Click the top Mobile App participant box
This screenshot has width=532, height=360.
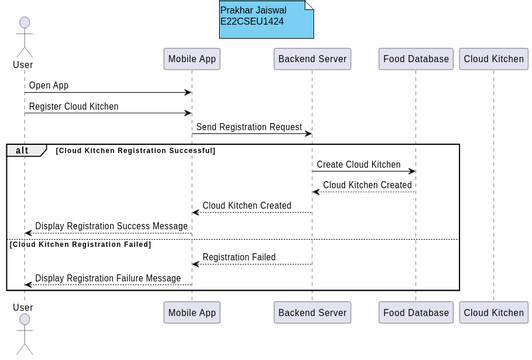192,59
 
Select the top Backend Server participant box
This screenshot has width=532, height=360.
312,59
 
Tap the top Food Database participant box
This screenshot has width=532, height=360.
416,59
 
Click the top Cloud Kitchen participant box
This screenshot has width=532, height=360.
493,59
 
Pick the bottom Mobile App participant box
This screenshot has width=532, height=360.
192,313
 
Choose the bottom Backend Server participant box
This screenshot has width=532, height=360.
312,313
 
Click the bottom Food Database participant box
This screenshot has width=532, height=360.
416,313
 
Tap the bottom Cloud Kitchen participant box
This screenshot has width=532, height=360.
493,313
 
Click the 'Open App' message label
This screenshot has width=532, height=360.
49,86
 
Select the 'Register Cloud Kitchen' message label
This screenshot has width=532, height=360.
74,106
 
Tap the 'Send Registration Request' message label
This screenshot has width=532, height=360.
250,127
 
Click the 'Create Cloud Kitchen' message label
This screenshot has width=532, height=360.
358,164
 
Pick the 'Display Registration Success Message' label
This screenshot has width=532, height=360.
111,226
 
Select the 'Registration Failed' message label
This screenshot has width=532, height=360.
239,257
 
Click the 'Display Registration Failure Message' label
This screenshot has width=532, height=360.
108,278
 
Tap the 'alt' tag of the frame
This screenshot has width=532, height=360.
22,150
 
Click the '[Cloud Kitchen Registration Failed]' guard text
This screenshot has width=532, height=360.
80,244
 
